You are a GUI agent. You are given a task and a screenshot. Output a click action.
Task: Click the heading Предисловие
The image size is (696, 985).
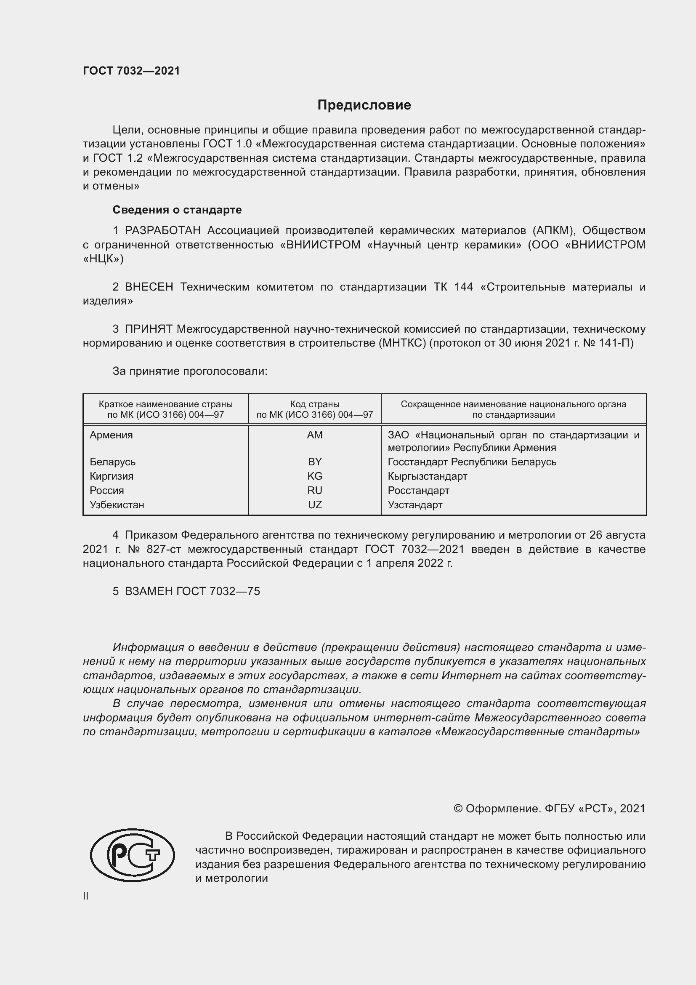pos(364,105)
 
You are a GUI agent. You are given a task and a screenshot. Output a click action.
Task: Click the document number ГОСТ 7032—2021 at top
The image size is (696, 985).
pos(131,71)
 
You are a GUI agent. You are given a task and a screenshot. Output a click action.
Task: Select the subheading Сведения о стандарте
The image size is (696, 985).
pos(177,210)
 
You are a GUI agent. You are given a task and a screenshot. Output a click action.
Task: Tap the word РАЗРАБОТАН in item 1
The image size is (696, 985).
pos(162,231)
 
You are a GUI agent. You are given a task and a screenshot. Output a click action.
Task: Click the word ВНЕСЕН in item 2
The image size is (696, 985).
pos(149,287)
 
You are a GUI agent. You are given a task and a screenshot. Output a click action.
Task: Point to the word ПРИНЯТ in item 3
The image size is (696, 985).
pos(148,329)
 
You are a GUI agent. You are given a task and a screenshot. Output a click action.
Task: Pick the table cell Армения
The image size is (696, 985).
pos(112,435)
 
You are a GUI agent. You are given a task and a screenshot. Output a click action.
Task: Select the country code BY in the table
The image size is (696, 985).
pos(315,462)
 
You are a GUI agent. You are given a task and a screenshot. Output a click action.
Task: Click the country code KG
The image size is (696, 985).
pos(315,476)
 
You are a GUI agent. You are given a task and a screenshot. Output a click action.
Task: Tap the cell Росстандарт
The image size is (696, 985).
pos(418,490)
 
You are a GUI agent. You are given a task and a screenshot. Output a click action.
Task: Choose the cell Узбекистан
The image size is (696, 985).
pos(117,505)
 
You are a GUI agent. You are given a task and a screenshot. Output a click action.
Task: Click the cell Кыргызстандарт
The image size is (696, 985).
pos(427,476)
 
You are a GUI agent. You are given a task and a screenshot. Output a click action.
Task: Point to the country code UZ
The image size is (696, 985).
pos(315,505)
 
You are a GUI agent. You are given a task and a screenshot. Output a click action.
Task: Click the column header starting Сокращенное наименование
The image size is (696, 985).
pos(513,409)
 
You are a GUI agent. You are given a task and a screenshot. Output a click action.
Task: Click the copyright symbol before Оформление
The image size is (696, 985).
pos(458,809)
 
